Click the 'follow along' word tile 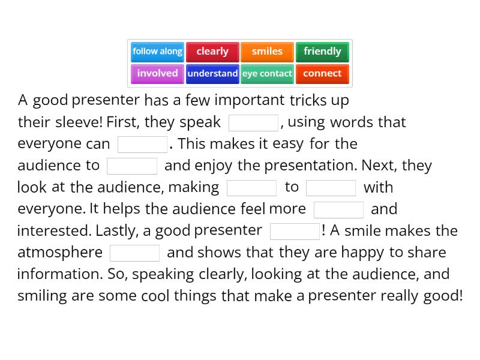(157, 52)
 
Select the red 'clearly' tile (212, 52)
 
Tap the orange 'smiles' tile (267, 52)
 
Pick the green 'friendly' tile (322, 52)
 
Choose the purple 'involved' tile (157, 73)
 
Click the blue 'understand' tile (212, 73)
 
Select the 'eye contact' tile (267, 73)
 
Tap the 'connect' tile (322, 73)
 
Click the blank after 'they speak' (253, 122)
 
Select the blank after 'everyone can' (143, 145)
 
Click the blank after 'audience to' (132, 166)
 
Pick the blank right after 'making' (252, 188)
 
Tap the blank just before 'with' (331, 188)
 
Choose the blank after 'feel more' (338, 209)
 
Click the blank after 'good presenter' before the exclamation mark (295, 231)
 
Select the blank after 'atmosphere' (135, 253)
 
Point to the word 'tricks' (308, 100)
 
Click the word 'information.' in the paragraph (60, 274)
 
